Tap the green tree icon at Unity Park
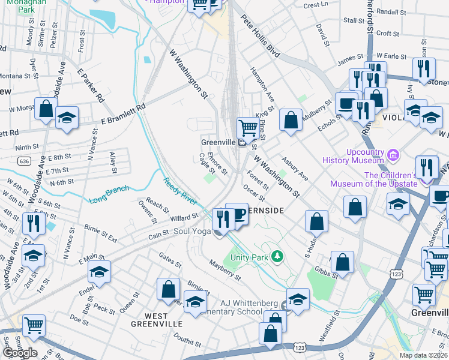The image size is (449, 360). (x=277, y=257)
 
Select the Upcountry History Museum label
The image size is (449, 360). (x=353, y=156)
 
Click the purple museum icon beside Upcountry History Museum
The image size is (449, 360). (x=393, y=156)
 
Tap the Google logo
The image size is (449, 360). (x=19, y=352)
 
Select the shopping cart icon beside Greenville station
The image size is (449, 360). (x=247, y=128)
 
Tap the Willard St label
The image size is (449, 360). (x=184, y=217)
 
